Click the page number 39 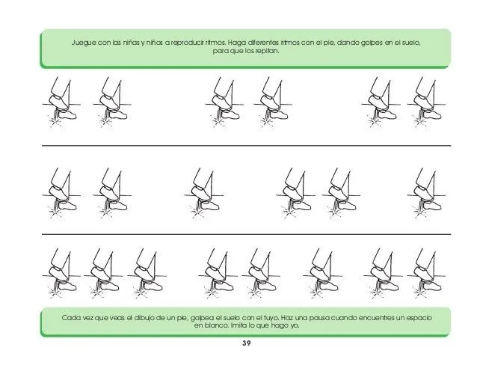(247, 343)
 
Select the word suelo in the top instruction (411, 43)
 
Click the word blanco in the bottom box (215, 325)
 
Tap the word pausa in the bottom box (319, 318)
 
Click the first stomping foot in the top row (61, 102)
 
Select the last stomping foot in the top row (426, 102)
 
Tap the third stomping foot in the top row (224, 102)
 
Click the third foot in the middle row (204, 194)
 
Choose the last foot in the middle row (426, 194)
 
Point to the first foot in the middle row (61, 194)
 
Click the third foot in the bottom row (147, 274)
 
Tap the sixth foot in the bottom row (322, 274)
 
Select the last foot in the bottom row (426, 274)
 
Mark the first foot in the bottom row (61, 274)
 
